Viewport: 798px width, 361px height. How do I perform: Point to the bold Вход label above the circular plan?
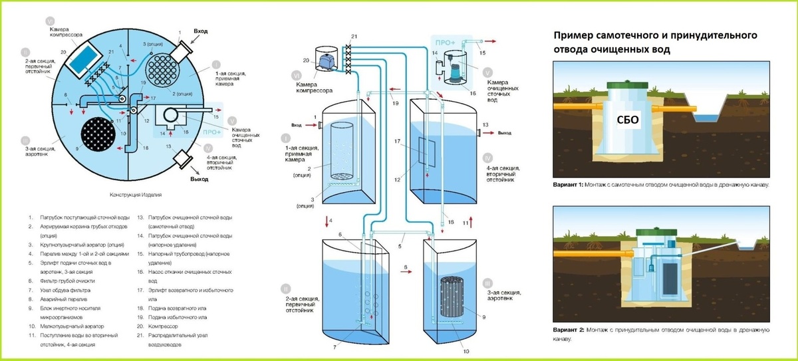(201, 31)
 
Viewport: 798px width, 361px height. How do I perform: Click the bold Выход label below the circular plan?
(199, 180)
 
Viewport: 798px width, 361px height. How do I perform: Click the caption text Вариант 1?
(567, 184)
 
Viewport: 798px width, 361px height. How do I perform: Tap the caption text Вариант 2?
(567, 330)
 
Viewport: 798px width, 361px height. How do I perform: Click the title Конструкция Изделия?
(135, 196)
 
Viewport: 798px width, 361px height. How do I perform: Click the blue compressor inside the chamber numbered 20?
(327, 60)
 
